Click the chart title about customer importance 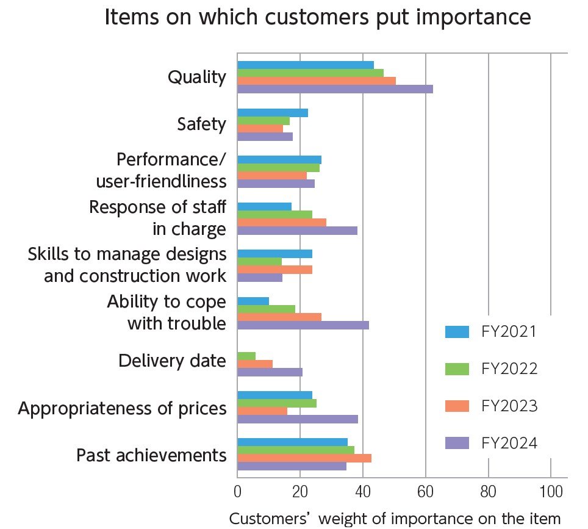coord(317,17)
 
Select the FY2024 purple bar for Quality coord(335,89)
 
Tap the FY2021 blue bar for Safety coord(272,113)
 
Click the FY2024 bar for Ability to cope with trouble coord(303,325)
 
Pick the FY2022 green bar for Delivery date coord(246,356)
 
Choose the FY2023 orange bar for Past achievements coord(304,458)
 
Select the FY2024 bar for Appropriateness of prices coord(297,419)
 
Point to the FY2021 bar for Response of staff coord(264,207)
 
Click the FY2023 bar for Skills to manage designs coord(274,270)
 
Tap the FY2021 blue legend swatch coord(457,332)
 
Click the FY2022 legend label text coord(509,369)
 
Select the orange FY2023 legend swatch coord(457,406)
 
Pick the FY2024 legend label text coord(509,444)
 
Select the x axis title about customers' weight coord(395,519)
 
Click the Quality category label coord(196,77)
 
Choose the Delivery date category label coord(172,361)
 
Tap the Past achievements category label coord(151,455)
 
